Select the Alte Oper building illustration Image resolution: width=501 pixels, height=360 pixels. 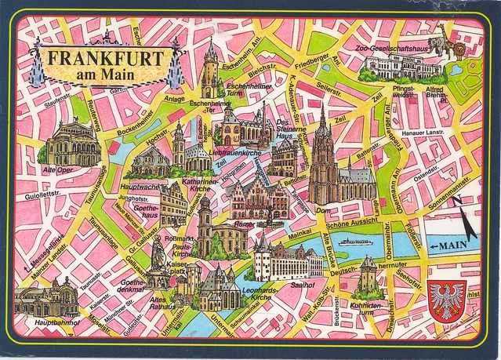pyautogui.click(x=73, y=143)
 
